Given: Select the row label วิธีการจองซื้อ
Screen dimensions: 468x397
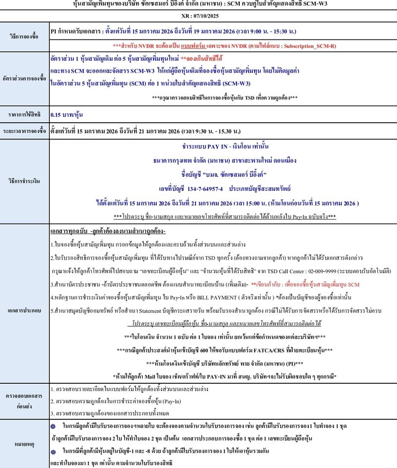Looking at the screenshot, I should point(24,37).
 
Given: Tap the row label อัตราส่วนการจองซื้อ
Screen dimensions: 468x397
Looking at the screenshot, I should point(24,78).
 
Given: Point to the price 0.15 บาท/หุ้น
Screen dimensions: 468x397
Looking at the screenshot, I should point(67,116).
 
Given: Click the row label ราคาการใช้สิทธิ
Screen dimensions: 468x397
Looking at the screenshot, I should point(24,116).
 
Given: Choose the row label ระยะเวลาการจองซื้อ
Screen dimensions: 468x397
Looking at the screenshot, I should point(24,131).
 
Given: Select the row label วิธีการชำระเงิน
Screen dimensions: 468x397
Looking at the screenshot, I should point(24,180).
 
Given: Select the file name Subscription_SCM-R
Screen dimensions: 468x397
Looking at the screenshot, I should point(309,45).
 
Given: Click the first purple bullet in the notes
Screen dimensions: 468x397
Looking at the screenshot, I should point(54,425).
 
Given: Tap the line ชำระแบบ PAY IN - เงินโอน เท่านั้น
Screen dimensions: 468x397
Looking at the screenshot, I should point(225,146).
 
